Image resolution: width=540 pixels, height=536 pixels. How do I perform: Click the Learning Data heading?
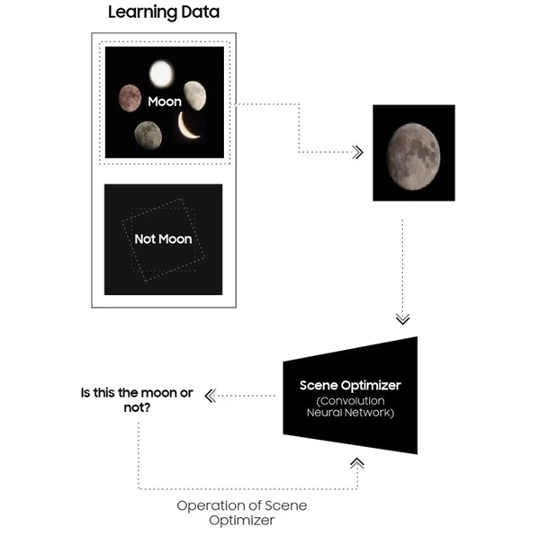163,13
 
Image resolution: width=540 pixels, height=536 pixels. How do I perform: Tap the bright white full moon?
162,72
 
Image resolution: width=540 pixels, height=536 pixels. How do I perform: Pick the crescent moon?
190,127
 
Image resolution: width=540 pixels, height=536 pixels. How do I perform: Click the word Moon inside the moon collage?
164,103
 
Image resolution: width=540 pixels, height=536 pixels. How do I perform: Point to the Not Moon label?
163,241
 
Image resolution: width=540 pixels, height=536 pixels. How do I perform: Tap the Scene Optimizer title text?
351,385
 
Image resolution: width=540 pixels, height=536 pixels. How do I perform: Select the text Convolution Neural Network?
351,406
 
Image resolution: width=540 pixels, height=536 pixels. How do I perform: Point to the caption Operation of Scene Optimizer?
240,513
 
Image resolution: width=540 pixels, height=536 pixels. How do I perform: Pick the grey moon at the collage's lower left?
148,136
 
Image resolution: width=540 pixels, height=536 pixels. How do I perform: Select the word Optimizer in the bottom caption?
240,522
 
